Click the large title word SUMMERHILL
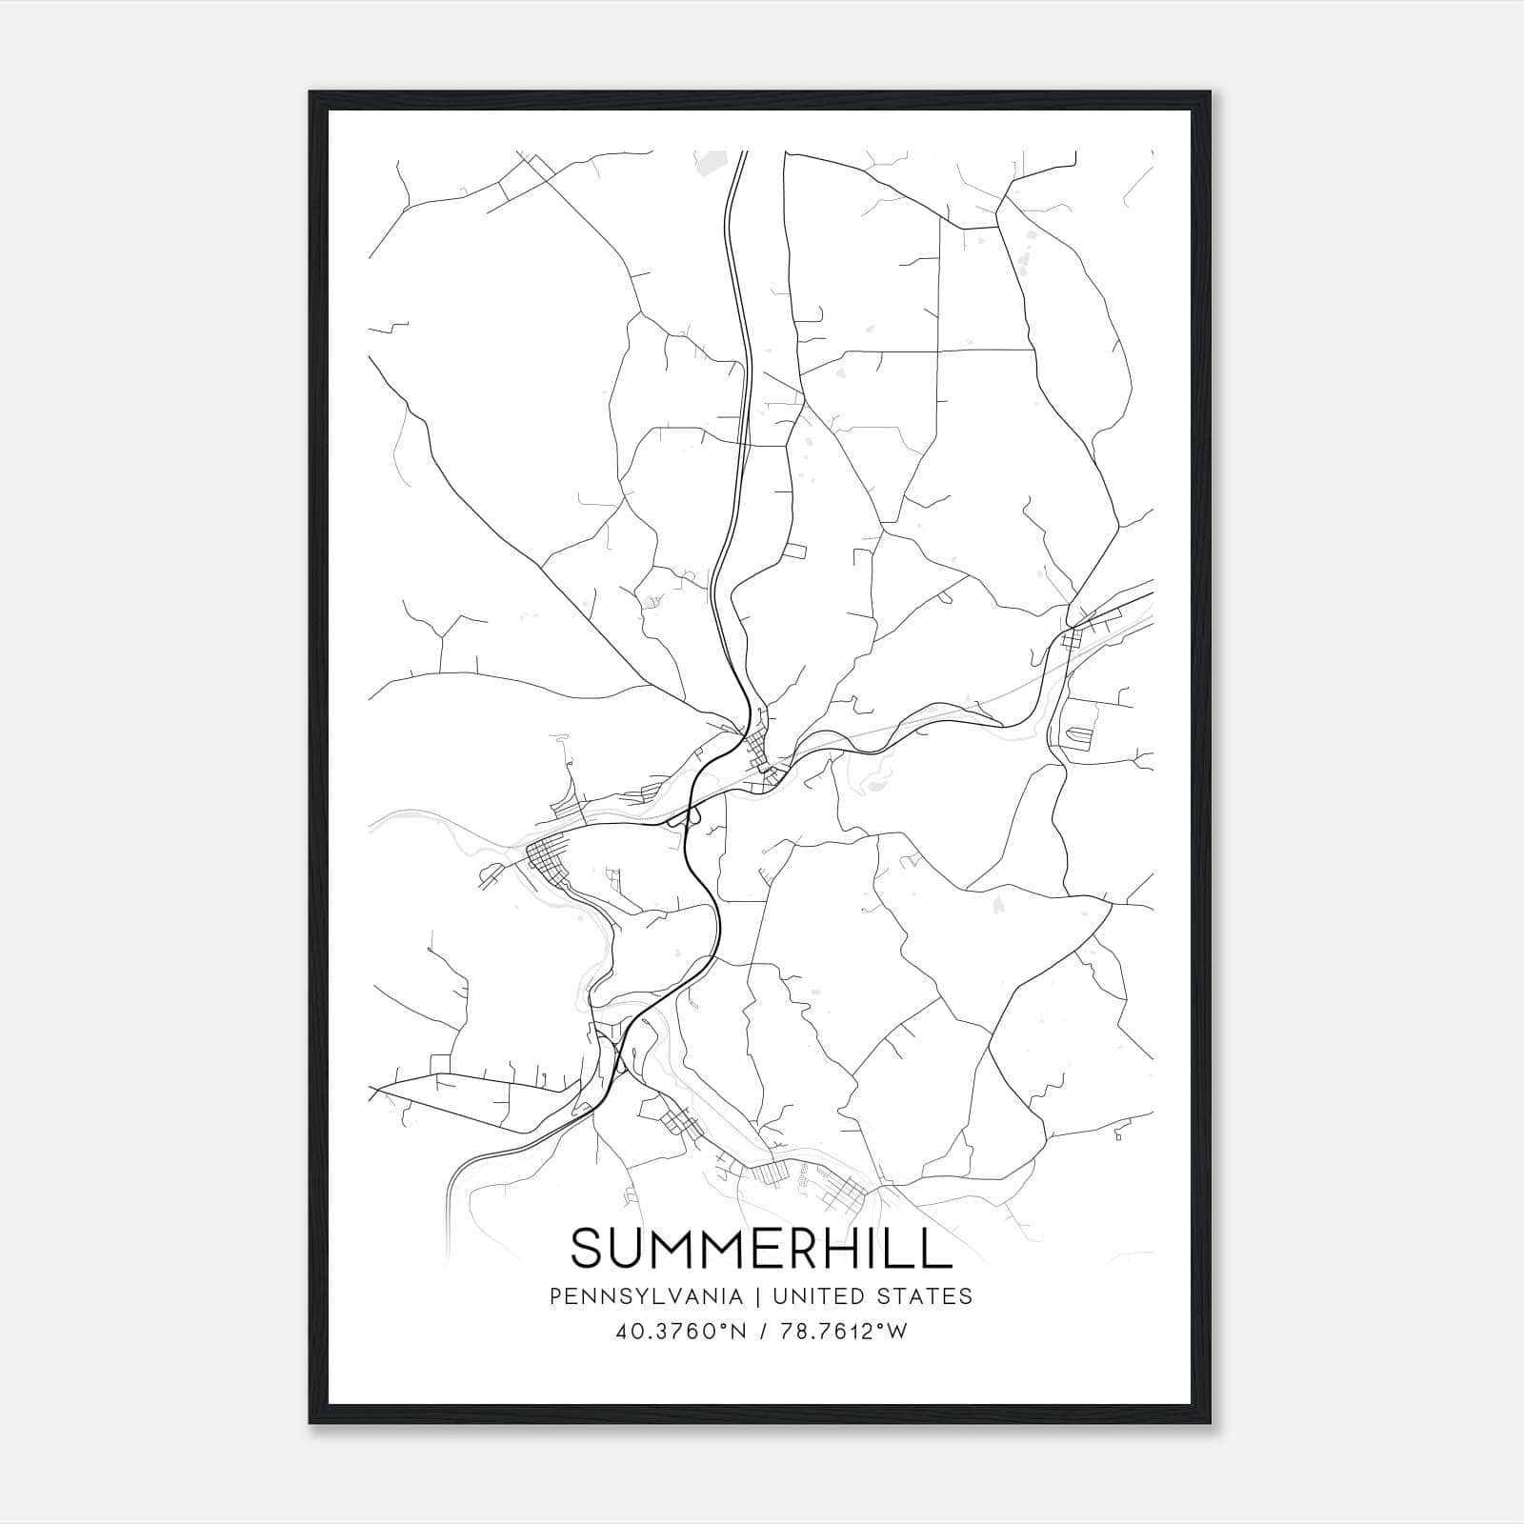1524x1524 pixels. (x=761, y=1249)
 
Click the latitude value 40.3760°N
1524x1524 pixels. (x=677, y=1332)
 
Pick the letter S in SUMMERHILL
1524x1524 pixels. (x=586, y=1249)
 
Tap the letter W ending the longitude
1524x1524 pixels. (x=896, y=1332)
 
